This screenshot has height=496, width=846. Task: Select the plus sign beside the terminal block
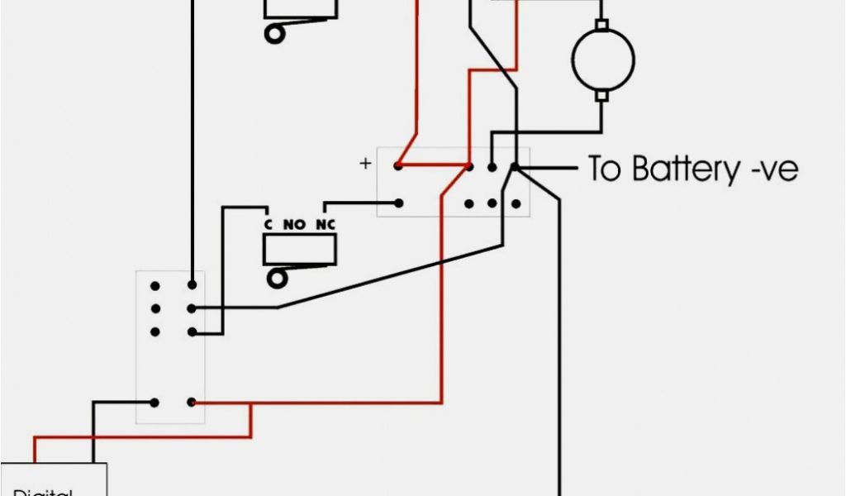point(365,164)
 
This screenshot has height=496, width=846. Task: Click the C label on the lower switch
point(268,224)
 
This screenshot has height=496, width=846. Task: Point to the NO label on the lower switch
point(295,224)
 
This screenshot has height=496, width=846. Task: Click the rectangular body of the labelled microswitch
point(299,249)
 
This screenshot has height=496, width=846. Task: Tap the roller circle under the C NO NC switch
point(274,278)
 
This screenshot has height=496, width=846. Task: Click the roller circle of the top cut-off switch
point(273,33)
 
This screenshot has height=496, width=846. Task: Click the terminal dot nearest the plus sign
point(398,167)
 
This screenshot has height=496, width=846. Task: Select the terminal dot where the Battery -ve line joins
point(514,167)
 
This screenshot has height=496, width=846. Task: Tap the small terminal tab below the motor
point(602,96)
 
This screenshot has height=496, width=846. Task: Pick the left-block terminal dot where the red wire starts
point(192,403)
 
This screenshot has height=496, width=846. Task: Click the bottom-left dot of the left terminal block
point(154,403)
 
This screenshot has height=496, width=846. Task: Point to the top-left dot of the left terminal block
point(154,285)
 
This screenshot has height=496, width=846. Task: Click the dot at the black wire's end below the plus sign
point(398,203)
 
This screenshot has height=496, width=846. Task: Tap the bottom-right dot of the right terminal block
point(515,203)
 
